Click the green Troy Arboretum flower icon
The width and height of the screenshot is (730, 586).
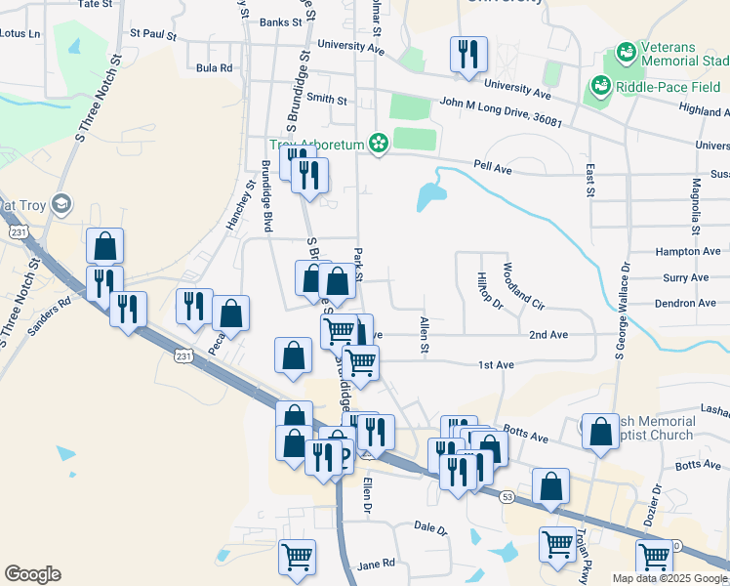click(x=378, y=145)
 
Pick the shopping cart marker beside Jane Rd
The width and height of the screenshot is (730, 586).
click(x=297, y=558)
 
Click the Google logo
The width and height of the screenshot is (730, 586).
click(x=32, y=574)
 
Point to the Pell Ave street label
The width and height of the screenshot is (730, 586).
click(x=493, y=168)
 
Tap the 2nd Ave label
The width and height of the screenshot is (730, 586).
click(x=547, y=335)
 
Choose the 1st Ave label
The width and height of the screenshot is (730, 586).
click(x=496, y=365)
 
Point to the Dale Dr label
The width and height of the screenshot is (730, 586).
click(x=429, y=527)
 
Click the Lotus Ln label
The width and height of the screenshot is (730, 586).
click(x=21, y=33)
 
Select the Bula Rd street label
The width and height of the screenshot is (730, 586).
click(x=214, y=68)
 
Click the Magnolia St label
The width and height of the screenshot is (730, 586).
click(x=696, y=207)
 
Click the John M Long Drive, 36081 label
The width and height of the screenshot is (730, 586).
click(x=501, y=109)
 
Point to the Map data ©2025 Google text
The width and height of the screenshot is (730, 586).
click(x=669, y=578)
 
